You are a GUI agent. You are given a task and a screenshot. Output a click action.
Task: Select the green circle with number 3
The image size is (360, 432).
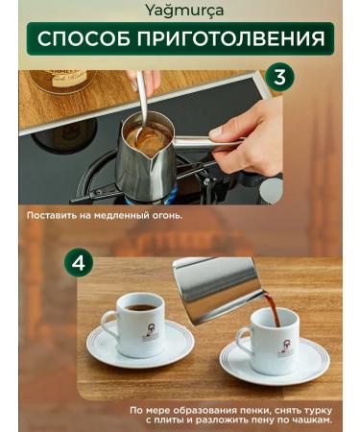[x=279, y=78]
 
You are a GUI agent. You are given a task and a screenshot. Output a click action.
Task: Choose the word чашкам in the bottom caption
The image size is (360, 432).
[x=309, y=420]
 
